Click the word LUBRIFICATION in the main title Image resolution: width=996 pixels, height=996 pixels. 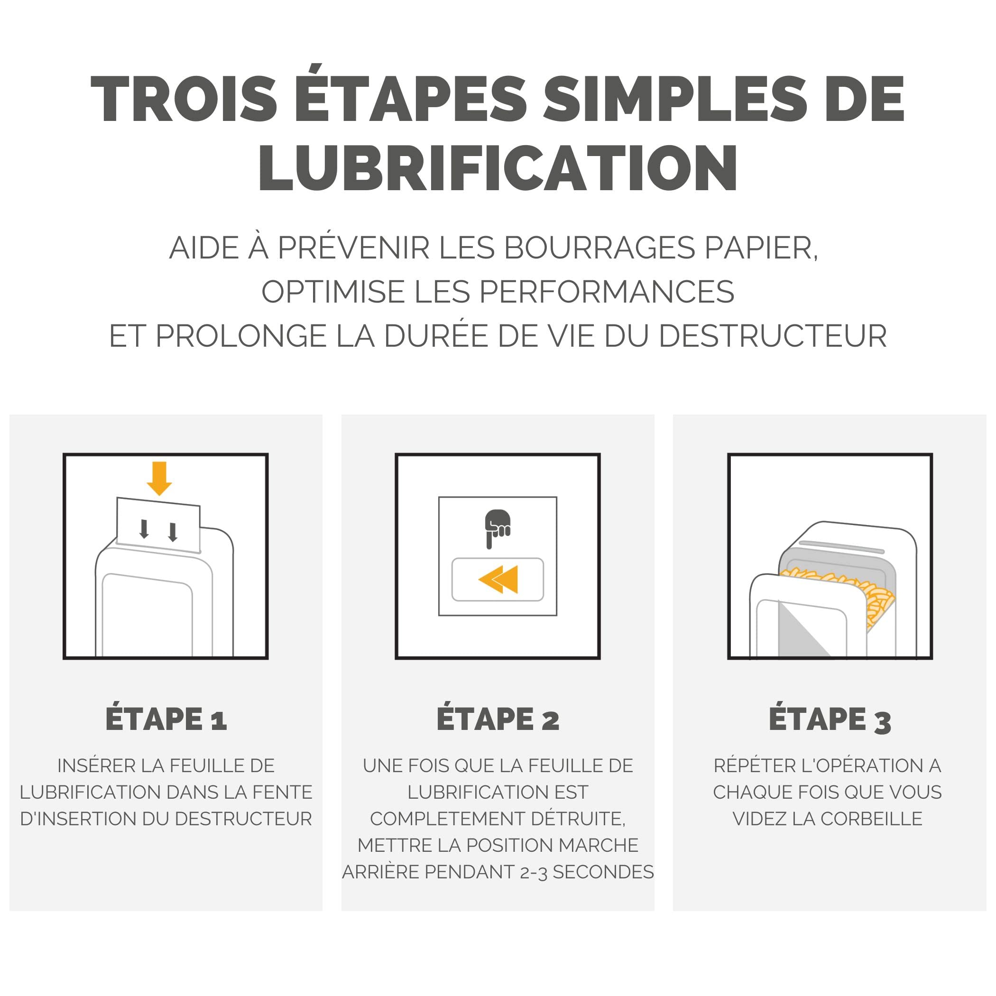pos(498,167)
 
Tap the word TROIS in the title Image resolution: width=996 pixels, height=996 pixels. pos(184,99)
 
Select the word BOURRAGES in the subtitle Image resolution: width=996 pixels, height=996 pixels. pos(599,248)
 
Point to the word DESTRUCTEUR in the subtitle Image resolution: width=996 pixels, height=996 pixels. pos(773,336)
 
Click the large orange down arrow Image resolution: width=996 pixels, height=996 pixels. pos(159,479)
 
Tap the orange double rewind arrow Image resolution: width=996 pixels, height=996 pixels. pos(498,580)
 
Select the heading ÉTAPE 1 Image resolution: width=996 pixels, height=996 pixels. pos(166,719)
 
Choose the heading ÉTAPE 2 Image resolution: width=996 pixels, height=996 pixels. pos(498,719)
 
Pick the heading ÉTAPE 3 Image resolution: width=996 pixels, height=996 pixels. pos(830,719)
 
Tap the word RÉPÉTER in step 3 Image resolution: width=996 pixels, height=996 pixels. pos(753,765)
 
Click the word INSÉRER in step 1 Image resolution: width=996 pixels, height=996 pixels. pos(96,765)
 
